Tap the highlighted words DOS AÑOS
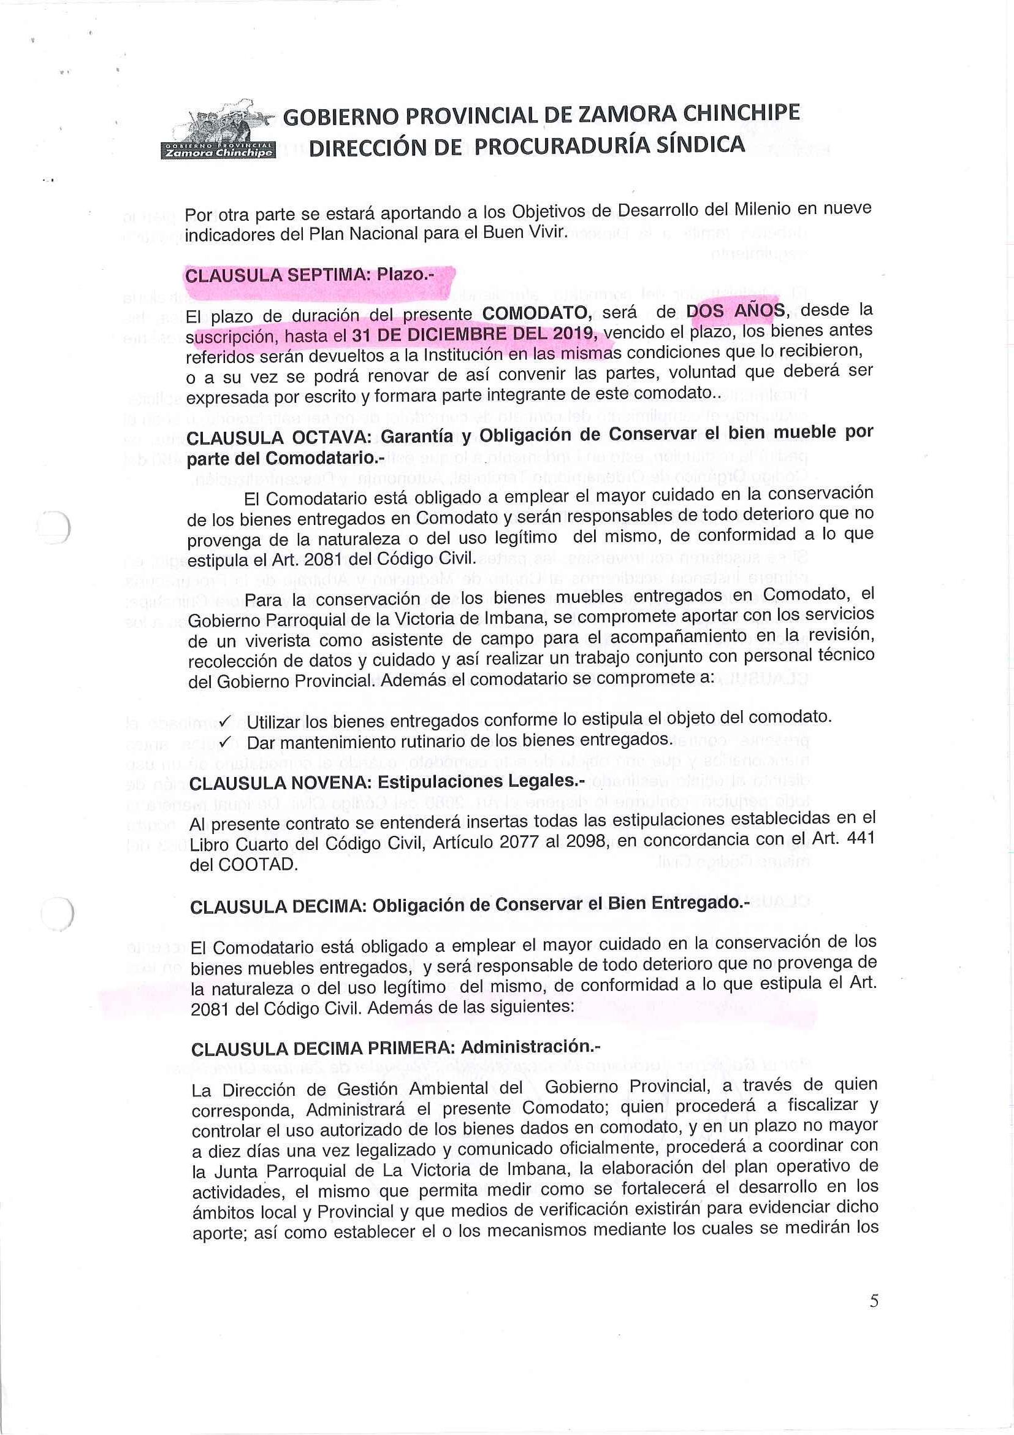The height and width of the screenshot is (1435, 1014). [735, 311]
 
